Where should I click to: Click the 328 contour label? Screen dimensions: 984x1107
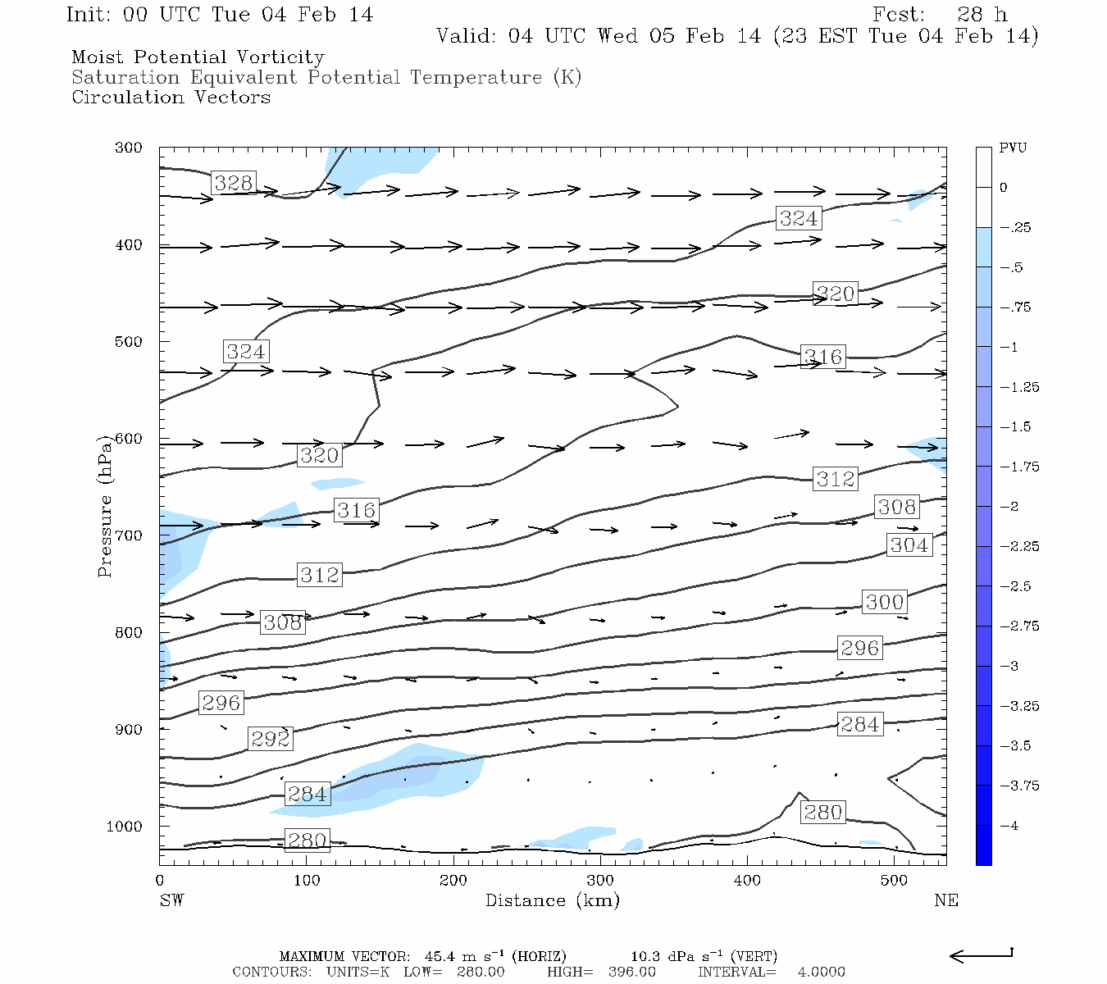[234, 183]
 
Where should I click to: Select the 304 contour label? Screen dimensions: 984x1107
[909, 545]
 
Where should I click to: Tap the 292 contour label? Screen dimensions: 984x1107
[271, 739]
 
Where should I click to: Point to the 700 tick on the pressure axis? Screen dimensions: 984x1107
[128, 535]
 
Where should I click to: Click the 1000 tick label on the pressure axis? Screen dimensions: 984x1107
[124, 827]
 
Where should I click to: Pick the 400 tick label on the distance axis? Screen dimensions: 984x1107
[747, 881]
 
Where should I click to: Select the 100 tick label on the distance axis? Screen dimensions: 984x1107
[306, 881]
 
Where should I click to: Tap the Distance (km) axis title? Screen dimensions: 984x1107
[553, 900]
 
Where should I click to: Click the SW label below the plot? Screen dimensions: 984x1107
[171, 900]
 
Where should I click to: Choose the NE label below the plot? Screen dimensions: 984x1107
[945, 900]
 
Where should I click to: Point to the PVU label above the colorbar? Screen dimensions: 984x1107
[1013, 148]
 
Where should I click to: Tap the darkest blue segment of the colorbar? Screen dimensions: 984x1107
[983, 845]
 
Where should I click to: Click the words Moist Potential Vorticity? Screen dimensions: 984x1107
[198, 57]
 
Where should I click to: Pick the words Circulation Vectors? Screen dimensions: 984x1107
[171, 98]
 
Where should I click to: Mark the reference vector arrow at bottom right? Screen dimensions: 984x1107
[981, 955]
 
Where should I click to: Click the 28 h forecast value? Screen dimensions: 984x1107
[982, 15]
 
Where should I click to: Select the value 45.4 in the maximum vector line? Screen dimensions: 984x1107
[438, 957]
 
